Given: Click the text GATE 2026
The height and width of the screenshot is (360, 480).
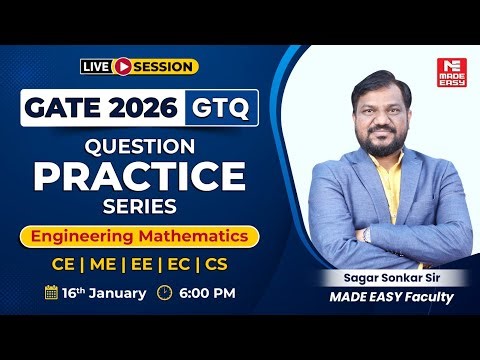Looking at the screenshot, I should [99, 107].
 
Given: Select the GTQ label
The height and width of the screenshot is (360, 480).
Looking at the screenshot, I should [220, 107].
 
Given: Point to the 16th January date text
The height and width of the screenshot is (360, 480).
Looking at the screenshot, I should [103, 294].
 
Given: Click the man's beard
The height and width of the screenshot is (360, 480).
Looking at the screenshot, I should [384, 141].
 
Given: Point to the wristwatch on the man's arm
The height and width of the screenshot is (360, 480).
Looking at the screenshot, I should [371, 236].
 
